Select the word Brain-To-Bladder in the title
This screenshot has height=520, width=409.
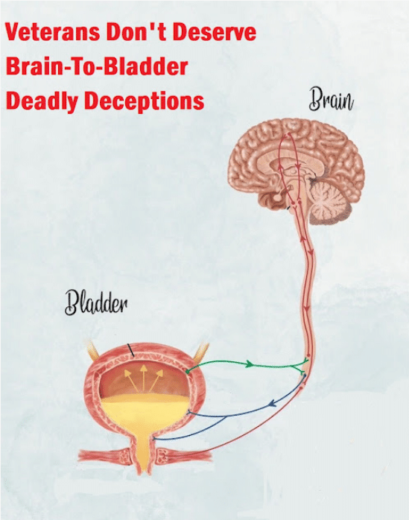[x=97, y=66]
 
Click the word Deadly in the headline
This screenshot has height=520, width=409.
[x=42, y=101]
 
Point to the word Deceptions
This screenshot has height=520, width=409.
[x=144, y=101]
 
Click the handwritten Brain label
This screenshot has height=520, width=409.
[x=331, y=99]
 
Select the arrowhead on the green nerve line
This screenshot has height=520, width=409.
[x=249, y=364]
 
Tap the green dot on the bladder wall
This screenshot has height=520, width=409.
[x=188, y=372]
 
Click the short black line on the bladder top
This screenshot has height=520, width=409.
[x=131, y=350]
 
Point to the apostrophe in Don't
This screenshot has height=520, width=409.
[x=147, y=26]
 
